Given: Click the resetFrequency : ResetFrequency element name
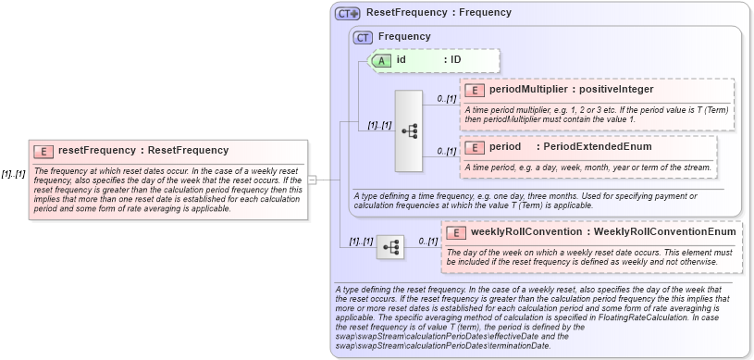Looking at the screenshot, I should click(x=142, y=150).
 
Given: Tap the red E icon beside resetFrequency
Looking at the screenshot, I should click(x=43, y=151).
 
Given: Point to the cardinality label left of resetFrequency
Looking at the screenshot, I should click(x=13, y=174).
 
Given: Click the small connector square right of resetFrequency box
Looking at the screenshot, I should click(x=313, y=180).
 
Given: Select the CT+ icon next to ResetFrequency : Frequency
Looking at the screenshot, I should click(x=348, y=13).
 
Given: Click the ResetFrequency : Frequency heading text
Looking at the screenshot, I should click(x=439, y=13).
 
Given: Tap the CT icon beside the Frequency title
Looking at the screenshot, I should click(x=364, y=37).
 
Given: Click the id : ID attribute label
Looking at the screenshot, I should click(x=428, y=60).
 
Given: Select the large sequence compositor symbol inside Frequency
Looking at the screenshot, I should click(x=409, y=130).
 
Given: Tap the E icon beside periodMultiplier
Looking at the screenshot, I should click(x=475, y=91).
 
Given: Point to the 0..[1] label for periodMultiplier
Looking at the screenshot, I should click(x=447, y=97).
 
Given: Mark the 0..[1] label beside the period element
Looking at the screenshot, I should click(x=447, y=151).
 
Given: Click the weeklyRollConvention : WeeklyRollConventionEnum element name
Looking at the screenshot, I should click(x=603, y=231).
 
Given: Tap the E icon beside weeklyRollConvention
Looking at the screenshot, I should click(x=456, y=232).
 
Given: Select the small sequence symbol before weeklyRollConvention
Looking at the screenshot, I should click(x=390, y=247).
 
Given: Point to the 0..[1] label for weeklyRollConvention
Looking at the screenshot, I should click(x=427, y=241).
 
